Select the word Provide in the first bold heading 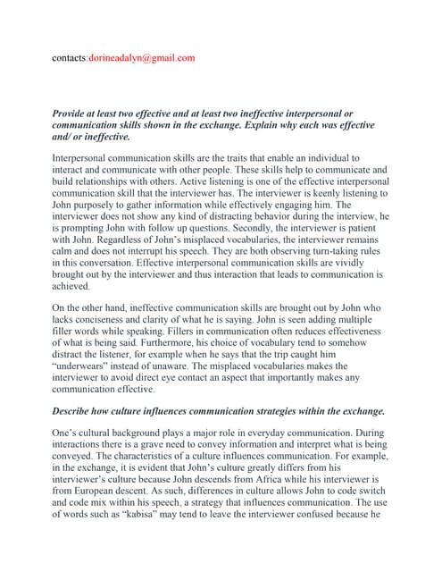tap(76, 114)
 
